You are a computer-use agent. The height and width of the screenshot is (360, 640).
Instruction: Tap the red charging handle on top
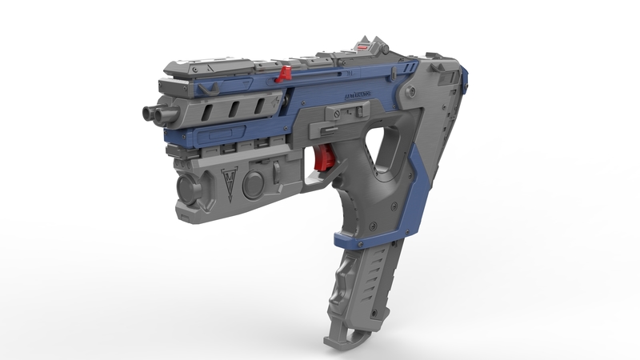coord(282,75)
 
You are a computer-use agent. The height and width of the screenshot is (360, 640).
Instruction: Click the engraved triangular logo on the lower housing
coord(230,183)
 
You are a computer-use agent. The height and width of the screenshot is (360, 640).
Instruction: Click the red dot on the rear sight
coord(365,47)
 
